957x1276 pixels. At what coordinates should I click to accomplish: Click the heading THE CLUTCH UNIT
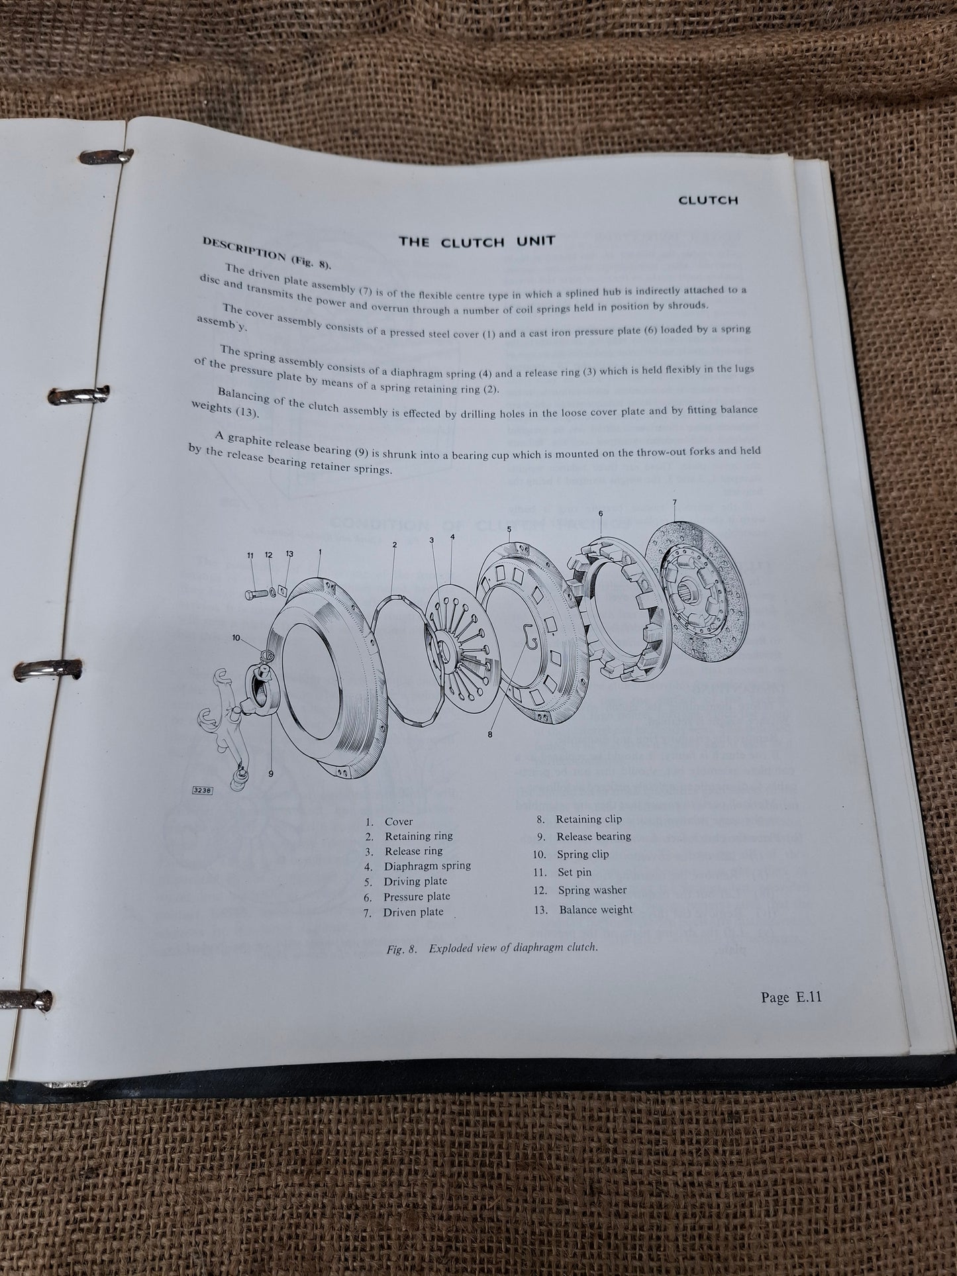pyautogui.click(x=476, y=241)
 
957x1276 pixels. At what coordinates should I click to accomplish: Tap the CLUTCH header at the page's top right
pyautogui.click(x=707, y=199)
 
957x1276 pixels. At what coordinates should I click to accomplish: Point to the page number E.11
pyautogui.click(x=791, y=997)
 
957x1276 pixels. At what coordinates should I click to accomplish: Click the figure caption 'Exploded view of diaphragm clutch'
pyautogui.click(x=492, y=948)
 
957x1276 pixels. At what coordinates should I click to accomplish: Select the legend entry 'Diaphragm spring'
pyautogui.click(x=427, y=865)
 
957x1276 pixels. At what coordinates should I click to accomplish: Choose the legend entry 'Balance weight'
pyautogui.click(x=583, y=909)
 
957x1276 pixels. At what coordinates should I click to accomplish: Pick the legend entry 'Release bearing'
pyautogui.click(x=583, y=836)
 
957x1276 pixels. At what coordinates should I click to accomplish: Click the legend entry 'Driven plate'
pyautogui.click(x=413, y=912)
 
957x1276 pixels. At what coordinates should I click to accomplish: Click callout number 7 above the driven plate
pyautogui.click(x=674, y=502)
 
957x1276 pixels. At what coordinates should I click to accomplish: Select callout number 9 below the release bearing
pyautogui.click(x=271, y=772)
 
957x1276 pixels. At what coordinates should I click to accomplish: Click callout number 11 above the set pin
pyautogui.click(x=250, y=555)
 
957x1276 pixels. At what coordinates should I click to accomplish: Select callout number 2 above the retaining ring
pyautogui.click(x=394, y=544)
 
